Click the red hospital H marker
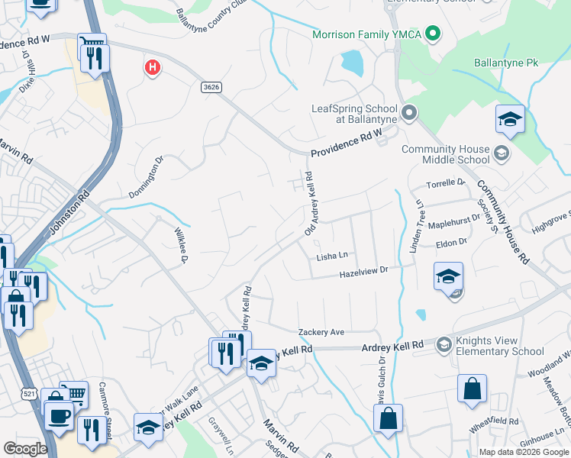pyautogui.click(x=153, y=68)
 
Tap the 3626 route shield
pyautogui.click(x=211, y=87)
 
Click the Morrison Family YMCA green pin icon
pyautogui.click(x=433, y=34)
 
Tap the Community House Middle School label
pyautogui.click(x=445, y=155)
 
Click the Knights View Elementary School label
pyautogui.click(x=499, y=347)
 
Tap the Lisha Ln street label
pyautogui.click(x=332, y=257)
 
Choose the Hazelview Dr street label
pyautogui.click(x=364, y=269)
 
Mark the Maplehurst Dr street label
pyautogui.click(x=454, y=217)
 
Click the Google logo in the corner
pyautogui.click(x=25, y=449)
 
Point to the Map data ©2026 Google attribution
pyautogui.click(x=523, y=452)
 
